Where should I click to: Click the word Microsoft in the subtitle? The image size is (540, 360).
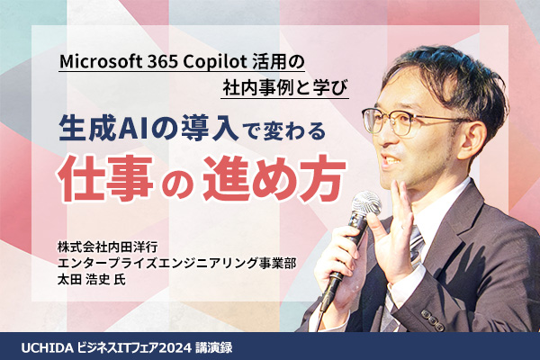point(101,62)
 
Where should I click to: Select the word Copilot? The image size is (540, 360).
point(214,62)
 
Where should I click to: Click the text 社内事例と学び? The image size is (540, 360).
point(284,88)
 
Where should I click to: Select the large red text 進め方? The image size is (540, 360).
point(274,179)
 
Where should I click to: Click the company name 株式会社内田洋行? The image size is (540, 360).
point(108,247)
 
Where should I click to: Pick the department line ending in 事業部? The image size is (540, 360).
point(177,263)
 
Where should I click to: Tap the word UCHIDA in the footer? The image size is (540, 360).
point(47,348)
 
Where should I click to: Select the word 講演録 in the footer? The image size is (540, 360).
point(213,348)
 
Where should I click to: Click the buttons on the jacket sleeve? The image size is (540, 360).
point(431,317)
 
